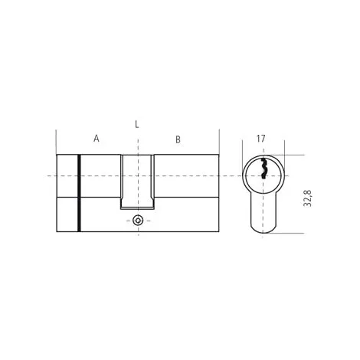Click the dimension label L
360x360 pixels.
pos(137,123)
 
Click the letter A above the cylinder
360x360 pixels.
pos(97,139)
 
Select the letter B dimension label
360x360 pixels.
pos(178,139)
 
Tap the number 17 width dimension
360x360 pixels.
pos(260,139)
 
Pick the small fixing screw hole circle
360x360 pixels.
pos(137,221)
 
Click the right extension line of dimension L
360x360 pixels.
pos(219,142)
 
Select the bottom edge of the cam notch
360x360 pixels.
pos(137,209)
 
